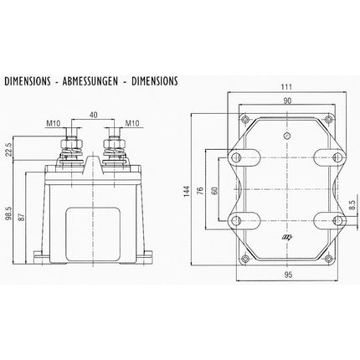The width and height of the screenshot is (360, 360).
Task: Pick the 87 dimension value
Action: (x=23, y=215)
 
